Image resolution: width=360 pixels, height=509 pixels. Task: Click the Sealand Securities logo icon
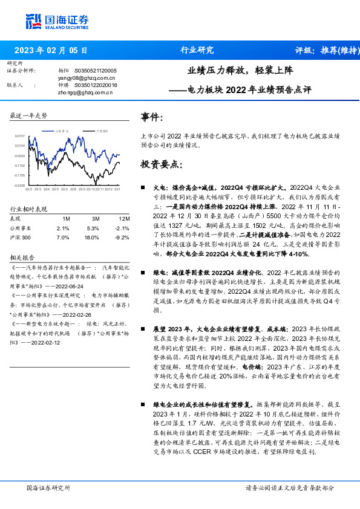[34, 21]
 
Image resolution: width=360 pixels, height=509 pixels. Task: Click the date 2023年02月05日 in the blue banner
[50, 50]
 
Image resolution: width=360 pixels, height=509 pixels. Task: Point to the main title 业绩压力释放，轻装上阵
[240, 71]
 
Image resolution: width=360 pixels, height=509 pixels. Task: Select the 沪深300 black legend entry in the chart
[100, 130]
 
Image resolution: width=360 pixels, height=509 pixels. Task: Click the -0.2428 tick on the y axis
[20, 185]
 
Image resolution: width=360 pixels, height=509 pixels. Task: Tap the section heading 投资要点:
[160, 164]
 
